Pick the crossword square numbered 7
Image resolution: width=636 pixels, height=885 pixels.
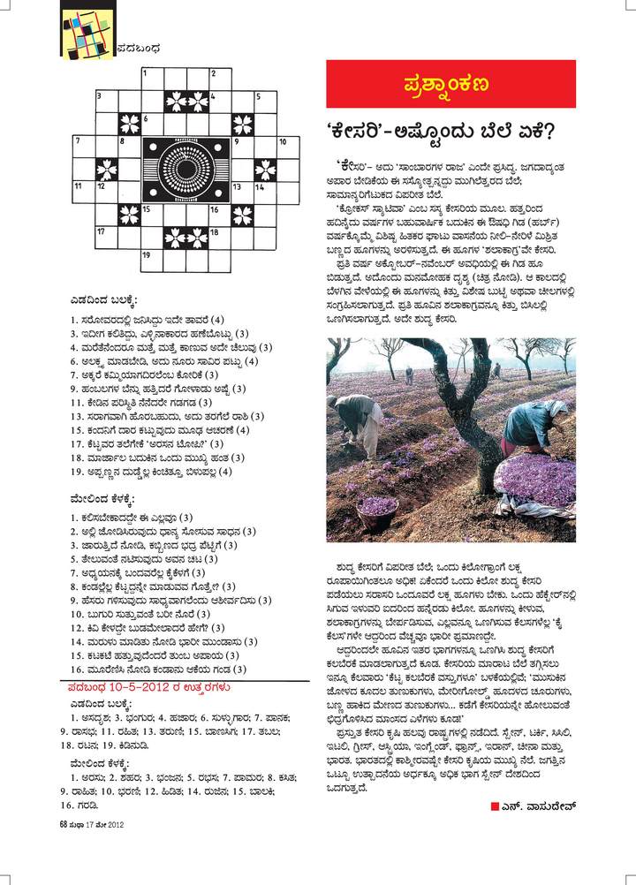(81, 144)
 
